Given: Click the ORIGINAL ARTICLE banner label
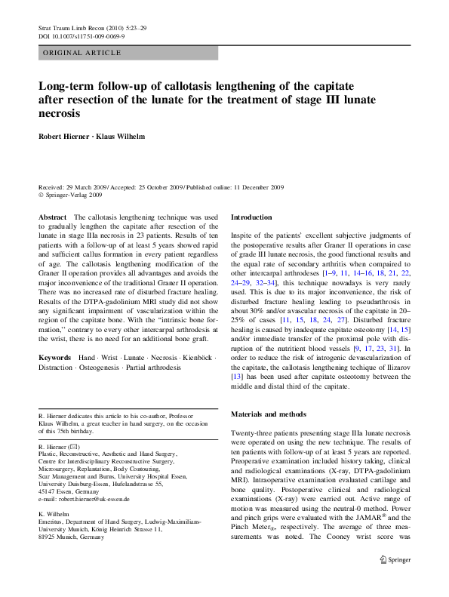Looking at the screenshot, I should (82, 53).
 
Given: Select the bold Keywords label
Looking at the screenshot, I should (55, 355).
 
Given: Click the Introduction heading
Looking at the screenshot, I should (251, 217).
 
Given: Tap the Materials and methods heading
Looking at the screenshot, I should (269, 414).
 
